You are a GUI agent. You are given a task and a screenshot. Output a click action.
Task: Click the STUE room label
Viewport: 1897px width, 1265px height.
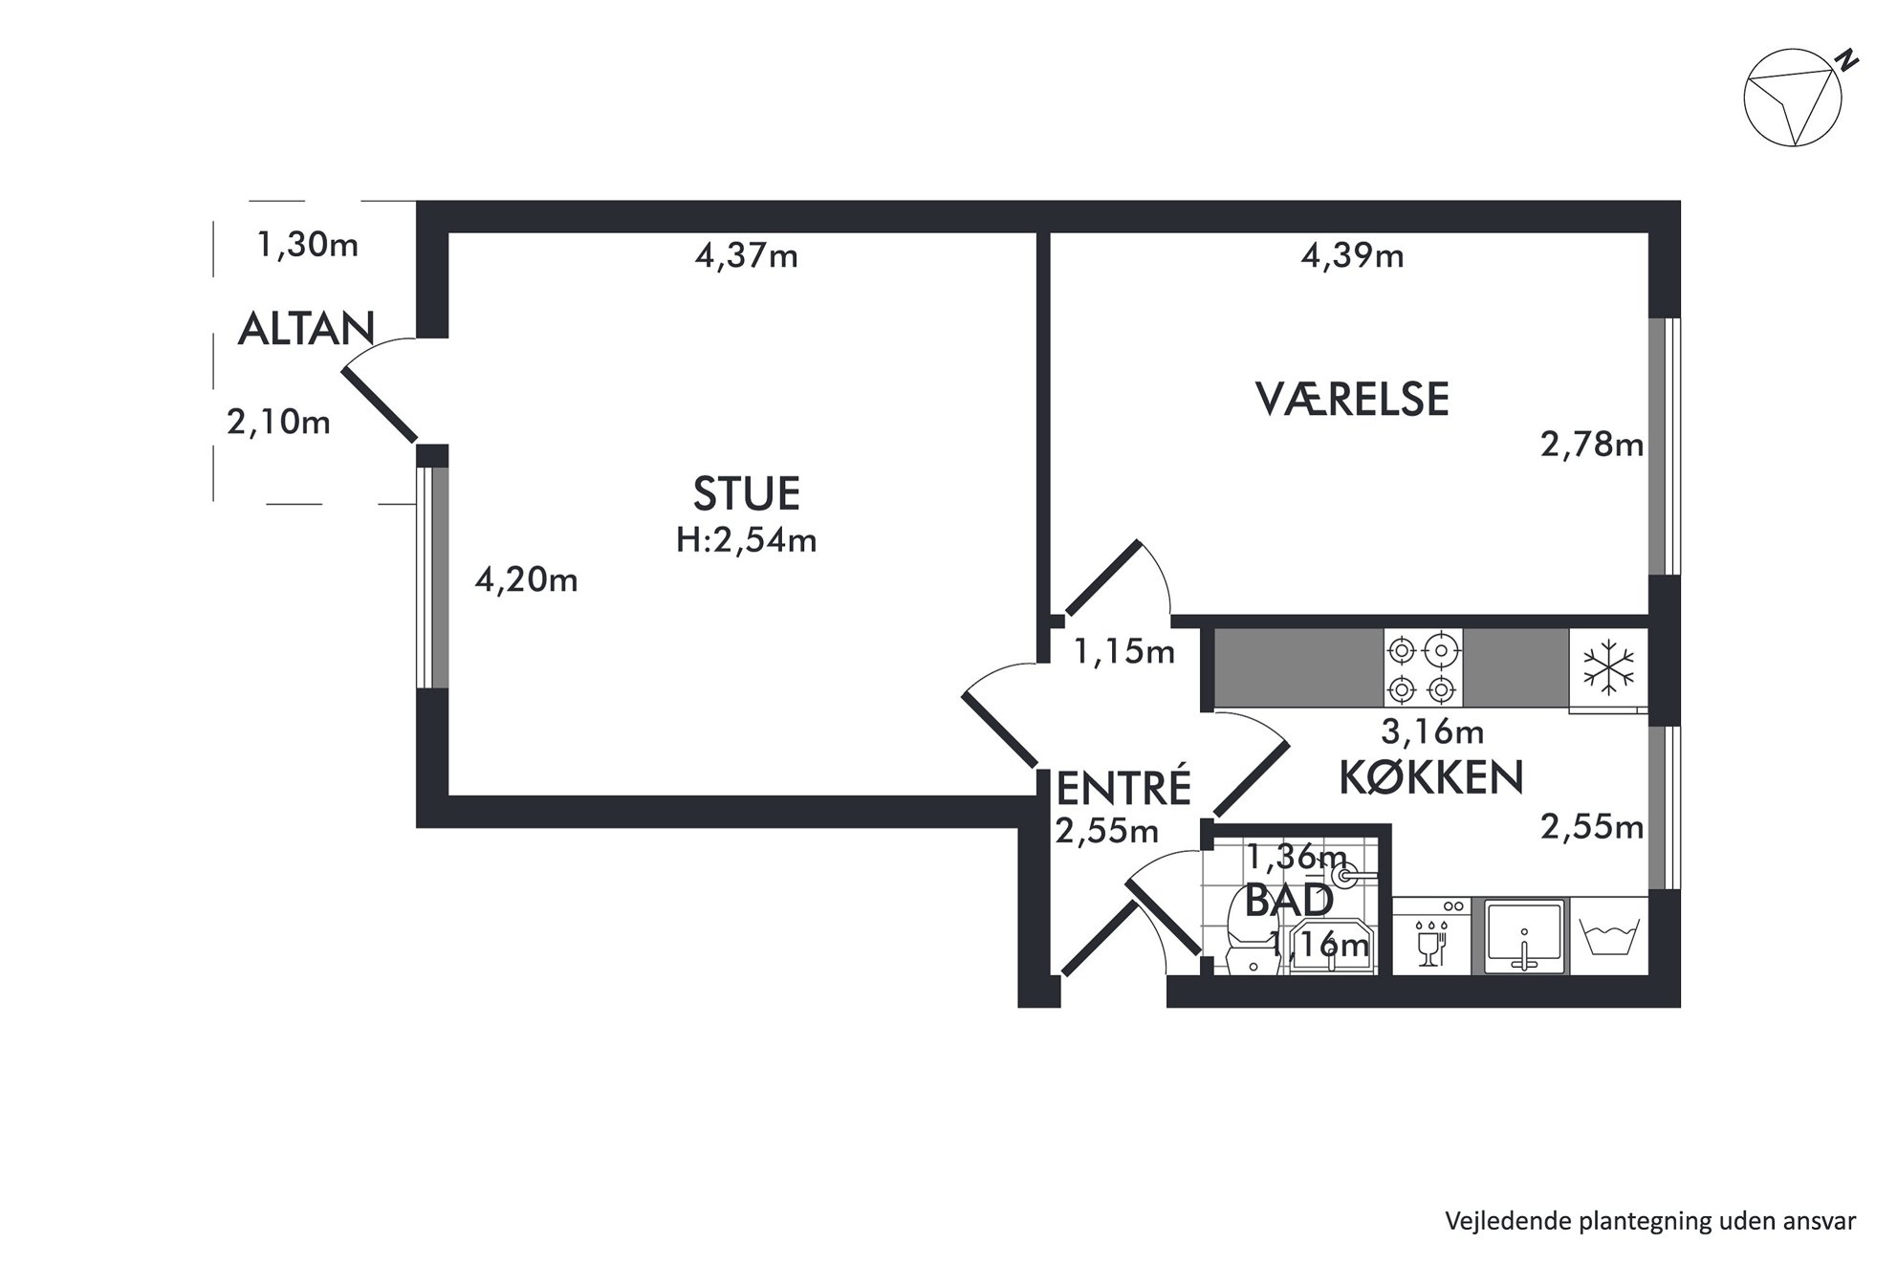pos(746,493)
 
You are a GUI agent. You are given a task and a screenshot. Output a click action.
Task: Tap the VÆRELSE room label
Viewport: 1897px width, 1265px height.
pos(1352,399)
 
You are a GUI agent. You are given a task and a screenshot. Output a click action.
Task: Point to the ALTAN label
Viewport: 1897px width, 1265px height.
pos(306,329)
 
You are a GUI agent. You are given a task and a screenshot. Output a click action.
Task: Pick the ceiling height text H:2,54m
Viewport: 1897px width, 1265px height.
pos(746,540)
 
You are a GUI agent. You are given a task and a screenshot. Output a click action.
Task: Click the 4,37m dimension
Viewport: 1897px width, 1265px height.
pos(746,256)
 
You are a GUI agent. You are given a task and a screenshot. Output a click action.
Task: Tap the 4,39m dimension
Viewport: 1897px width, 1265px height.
pos(1352,255)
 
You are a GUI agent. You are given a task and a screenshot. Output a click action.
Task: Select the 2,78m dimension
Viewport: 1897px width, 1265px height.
pos(1592,445)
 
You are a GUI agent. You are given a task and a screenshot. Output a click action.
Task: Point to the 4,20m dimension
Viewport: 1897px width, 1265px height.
pos(526,579)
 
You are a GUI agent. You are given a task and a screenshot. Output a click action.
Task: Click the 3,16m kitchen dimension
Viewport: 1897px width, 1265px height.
pos(1432,731)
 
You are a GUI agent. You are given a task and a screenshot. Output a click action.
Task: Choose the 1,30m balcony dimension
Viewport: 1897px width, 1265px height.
pos(307,246)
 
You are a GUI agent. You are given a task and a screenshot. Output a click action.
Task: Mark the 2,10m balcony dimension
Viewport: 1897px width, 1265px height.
pos(278,422)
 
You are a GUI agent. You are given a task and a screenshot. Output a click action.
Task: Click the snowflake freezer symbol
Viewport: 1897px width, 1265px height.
pos(1609,666)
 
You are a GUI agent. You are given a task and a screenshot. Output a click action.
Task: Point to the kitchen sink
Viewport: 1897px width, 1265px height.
pos(1524,937)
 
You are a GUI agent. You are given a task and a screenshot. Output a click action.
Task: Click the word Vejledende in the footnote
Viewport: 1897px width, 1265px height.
pos(1498,1220)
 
